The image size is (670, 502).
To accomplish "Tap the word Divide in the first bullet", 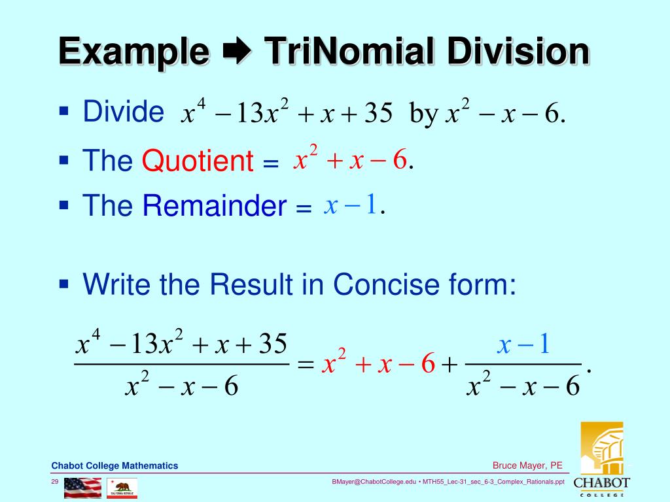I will coord(123,112).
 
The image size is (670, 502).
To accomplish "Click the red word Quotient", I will coord(198,161).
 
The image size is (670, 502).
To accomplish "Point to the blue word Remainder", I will coord(215,207).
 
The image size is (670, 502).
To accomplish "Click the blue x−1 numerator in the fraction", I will coord(524,344).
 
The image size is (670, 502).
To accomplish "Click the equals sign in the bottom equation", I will coord(306,365).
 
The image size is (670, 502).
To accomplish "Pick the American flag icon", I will coord(82,488).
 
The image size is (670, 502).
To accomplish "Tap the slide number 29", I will coord(56,482).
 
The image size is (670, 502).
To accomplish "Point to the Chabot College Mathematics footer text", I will coord(115,465).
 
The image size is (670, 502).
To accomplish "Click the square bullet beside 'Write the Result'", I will coord(63,283).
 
